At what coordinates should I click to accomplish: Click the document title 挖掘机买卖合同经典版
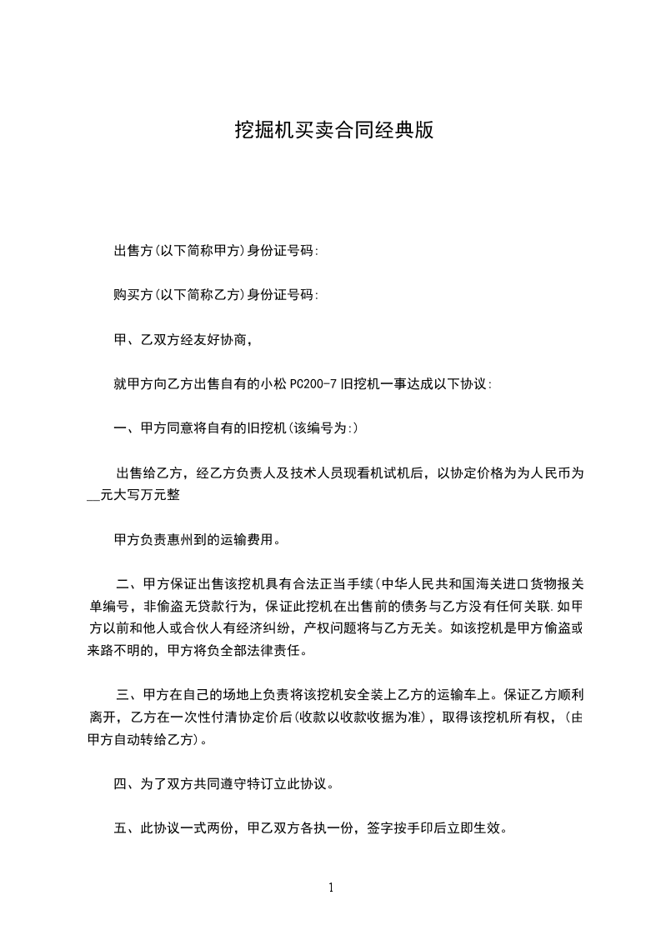pyautogui.click(x=333, y=131)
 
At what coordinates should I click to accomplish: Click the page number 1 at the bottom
pyautogui.click(x=331, y=887)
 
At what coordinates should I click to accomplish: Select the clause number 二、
pyautogui.click(x=129, y=582)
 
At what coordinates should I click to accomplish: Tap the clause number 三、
pyautogui.click(x=129, y=693)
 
